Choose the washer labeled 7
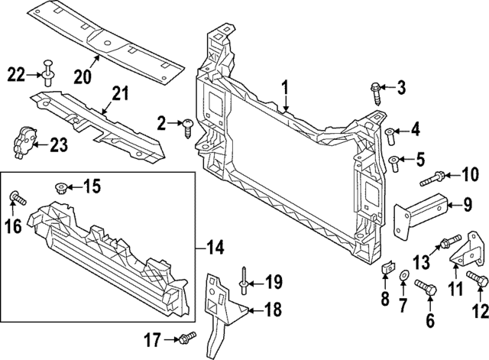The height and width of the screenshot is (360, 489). click(403, 272)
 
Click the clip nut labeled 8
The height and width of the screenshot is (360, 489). click(387, 268)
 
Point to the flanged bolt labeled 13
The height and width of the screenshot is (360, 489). click(447, 244)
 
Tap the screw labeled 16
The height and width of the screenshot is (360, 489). click(17, 199)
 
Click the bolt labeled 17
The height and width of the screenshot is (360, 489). click(186, 338)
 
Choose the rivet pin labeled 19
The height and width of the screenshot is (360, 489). click(241, 281)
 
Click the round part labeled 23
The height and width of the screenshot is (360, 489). click(24, 141)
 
